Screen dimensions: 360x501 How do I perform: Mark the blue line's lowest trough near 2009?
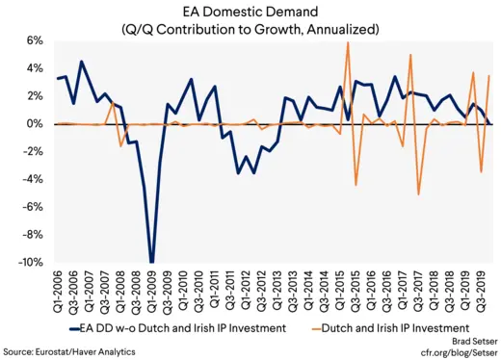[151, 261]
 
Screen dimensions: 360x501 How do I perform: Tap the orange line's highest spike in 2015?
[348, 42]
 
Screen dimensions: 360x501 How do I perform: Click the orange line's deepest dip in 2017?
[418, 194]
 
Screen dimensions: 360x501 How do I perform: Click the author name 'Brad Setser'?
[464, 341]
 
